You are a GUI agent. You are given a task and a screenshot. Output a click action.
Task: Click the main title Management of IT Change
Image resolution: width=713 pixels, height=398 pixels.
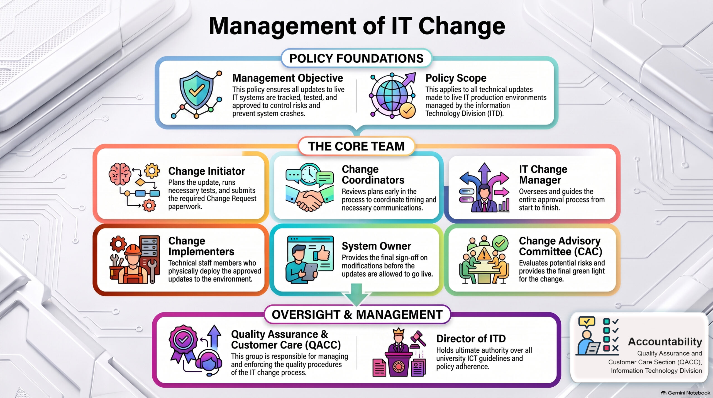pos(357,26)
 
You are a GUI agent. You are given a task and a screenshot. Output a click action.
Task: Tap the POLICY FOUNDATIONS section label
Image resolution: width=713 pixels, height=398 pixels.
pos(356,58)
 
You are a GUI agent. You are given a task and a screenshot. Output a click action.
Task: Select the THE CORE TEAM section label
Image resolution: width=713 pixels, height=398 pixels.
pos(356,146)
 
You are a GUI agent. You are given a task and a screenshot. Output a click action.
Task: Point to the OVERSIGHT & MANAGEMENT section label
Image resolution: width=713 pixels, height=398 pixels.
pos(357,314)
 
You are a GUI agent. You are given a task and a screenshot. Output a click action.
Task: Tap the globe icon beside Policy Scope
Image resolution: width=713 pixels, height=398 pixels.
pos(392,95)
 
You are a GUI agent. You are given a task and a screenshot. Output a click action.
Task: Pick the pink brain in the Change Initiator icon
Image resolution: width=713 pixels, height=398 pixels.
pos(120,174)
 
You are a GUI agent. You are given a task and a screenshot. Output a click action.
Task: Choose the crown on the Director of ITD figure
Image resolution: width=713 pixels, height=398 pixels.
pos(398,332)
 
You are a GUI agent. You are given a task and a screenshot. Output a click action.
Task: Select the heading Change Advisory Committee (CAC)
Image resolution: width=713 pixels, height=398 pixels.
pos(560,246)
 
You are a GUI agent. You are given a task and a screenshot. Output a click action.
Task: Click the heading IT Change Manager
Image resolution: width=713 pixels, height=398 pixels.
pos(543,175)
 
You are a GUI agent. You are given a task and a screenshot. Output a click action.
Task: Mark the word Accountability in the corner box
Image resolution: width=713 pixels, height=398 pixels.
pos(665,341)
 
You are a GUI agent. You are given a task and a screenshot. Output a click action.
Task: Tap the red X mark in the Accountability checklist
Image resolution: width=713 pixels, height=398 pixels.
pos(615,348)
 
